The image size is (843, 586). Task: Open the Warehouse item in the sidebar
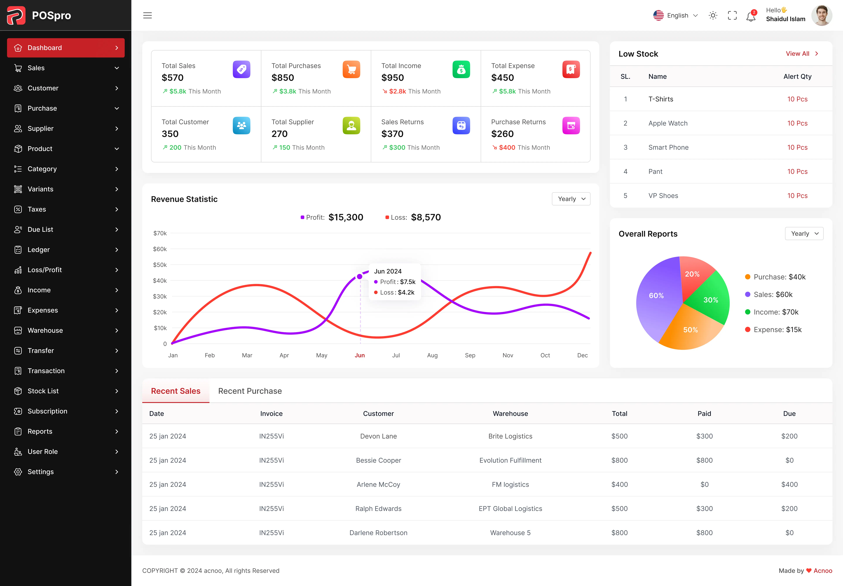45,330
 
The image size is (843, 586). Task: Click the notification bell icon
751,16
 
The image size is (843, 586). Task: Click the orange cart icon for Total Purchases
351,69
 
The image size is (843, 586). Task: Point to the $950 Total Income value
393,78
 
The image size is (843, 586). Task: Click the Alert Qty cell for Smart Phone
797,147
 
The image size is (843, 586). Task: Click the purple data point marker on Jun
359,277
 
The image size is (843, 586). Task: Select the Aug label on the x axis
432,355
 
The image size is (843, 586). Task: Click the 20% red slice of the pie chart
692,274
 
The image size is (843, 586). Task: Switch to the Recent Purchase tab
250,391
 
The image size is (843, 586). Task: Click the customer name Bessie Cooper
378,460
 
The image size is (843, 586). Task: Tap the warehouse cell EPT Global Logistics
510,509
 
